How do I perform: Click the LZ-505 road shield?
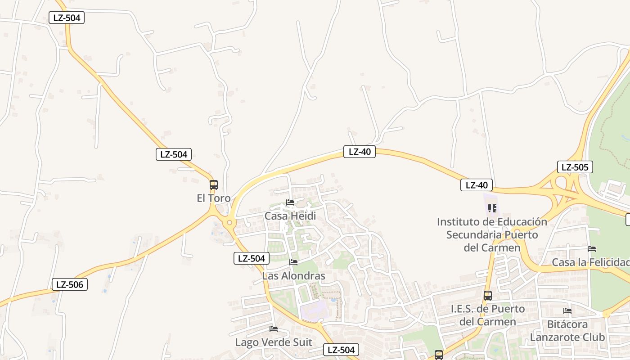pyautogui.click(x=575, y=167)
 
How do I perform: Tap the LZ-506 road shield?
pyautogui.click(x=69, y=284)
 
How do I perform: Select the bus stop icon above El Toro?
pyautogui.click(x=214, y=185)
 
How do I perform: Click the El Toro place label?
pyautogui.click(x=213, y=198)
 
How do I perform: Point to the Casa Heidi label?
pyautogui.click(x=290, y=216)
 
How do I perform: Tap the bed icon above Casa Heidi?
pyautogui.click(x=290, y=202)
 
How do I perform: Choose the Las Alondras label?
pyautogui.click(x=293, y=276)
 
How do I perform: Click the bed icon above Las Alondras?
pyautogui.click(x=293, y=262)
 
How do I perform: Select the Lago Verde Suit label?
pyautogui.click(x=273, y=342)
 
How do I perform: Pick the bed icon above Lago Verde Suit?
pyautogui.click(x=273, y=329)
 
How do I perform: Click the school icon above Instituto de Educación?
pyautogui.click(x=492, y=208)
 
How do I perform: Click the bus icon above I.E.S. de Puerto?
pyautogui.click(x=488, y=296)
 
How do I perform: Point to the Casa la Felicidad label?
pyautogui.click(x=590, y=262)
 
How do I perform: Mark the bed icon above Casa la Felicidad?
pyautogui.click(x=592, y=249)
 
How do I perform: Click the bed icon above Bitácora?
pyautogui.click(x=567, y=310)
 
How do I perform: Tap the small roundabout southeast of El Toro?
pyautogui.click(x=230, y=222)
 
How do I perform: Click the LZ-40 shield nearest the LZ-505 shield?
pyautogui.click(x=477, y=185)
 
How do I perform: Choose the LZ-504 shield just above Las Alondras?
pyautogui.click(x=251, y=258)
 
